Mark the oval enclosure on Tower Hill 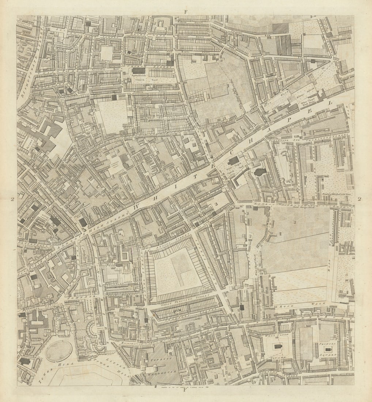click(59, 351)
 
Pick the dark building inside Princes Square click(327, 349)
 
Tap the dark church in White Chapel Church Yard click(233, 160)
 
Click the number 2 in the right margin click(360, 199)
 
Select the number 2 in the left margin click(12, 199)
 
